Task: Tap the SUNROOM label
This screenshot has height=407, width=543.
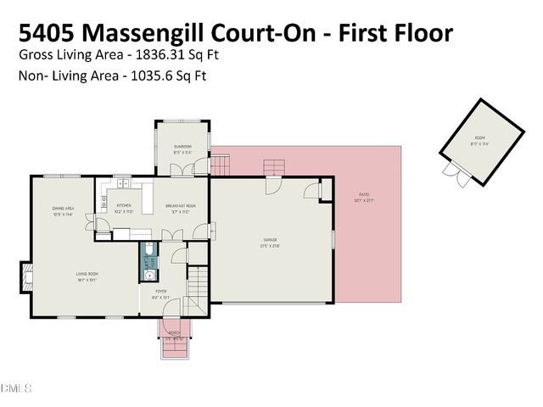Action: [182, 147]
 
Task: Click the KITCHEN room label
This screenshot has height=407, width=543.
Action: [124, 206]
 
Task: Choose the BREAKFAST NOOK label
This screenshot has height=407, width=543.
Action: [180, 206]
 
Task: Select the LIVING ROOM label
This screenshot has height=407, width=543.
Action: [88, 274]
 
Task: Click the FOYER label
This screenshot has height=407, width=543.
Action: [160, 292]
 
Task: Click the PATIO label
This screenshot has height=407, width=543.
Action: [364, 197]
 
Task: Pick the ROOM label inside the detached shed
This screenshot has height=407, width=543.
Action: [480, 137]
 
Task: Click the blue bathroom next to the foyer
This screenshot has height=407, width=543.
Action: [148, 262]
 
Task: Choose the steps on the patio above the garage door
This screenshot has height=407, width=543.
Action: [274, 166]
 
